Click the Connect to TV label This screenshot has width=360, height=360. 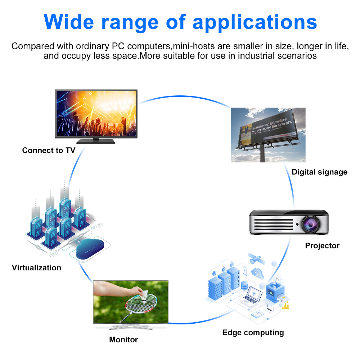point(49,150)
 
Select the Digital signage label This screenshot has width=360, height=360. point(319,172)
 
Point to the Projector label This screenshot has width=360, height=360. point(322,246)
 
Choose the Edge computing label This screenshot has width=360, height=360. point(253,333)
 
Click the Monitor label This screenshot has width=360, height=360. point(123,339)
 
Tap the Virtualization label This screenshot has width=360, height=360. point(36,268)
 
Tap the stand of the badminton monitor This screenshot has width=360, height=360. point(130,327)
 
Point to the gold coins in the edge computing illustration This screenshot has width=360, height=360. point(286,307)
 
